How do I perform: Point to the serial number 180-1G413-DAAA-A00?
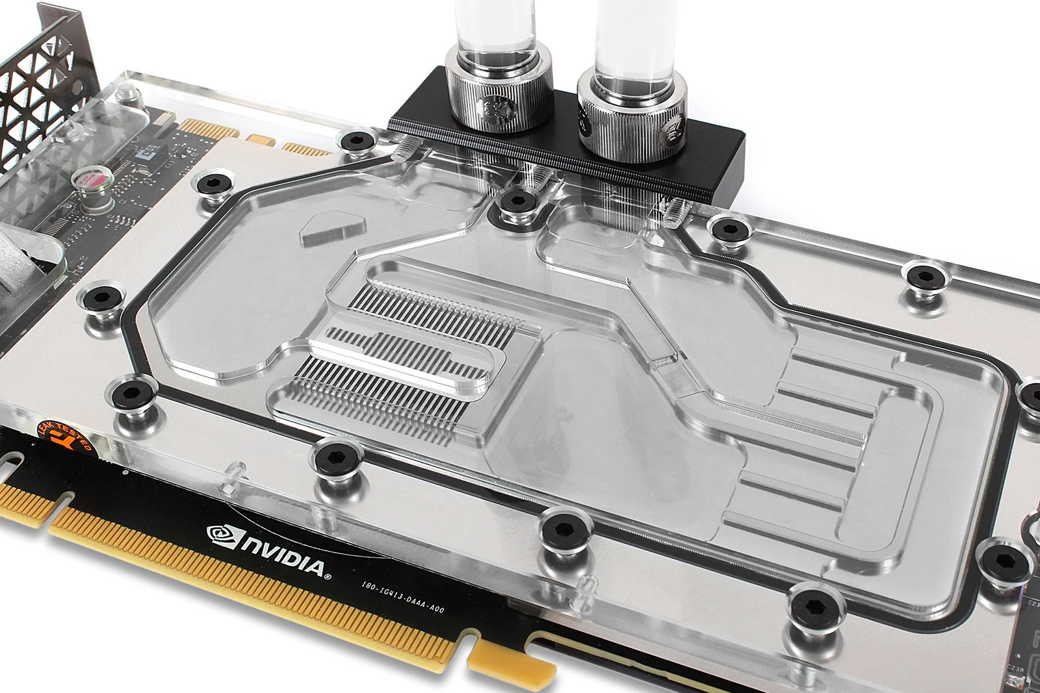[x=402, y=597]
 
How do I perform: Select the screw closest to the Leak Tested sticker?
[x=132, y=393]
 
